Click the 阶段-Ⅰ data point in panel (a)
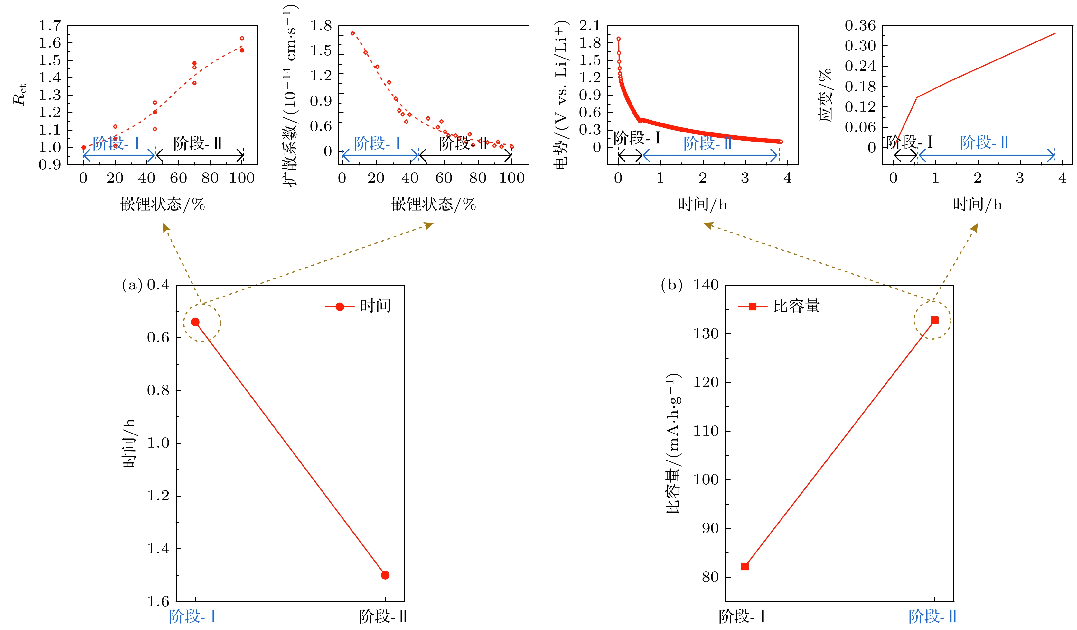coord(195,322)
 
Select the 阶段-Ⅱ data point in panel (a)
coord(385,575)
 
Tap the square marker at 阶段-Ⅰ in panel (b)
coord(745,566)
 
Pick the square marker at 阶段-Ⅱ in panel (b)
coord(935,320)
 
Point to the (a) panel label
coord(132,285)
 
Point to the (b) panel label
coord(671,285)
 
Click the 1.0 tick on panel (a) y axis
coord(158,443)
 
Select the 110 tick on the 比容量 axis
coord(706,431)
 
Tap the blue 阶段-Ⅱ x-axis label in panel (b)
coord(932,616)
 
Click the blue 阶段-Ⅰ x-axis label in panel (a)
coord(193,616)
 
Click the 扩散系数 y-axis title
coord(290,96)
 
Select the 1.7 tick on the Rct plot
coord(50,26)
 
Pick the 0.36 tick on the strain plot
coord(860,26)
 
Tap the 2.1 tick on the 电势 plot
coord(590,26)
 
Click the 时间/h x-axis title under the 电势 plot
coord(702,205)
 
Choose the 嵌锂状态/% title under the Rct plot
coord(163,205)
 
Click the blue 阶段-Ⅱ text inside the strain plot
coord(984,143)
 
